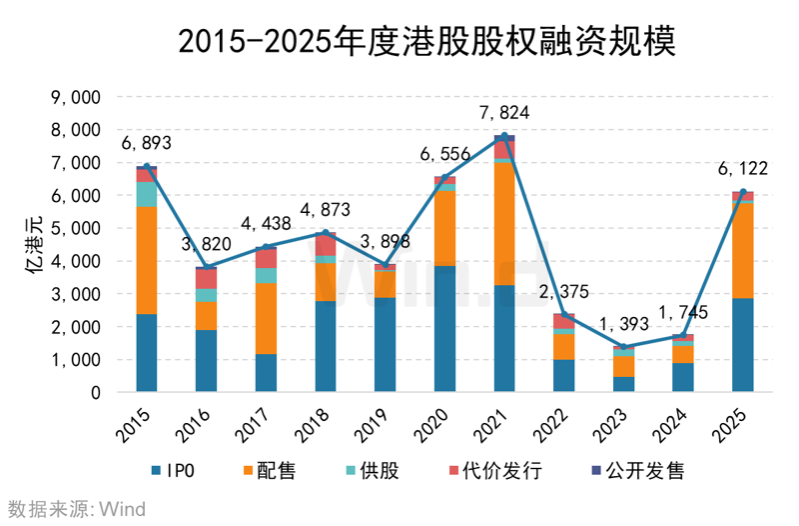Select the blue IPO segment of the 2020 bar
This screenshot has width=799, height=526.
pyautogui.click(x=444, y=328)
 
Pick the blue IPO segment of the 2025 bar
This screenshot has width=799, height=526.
pyautogui.click(x=742, y=345)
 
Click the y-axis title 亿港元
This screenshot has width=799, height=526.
pyautogui.click(x=31, y=245)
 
